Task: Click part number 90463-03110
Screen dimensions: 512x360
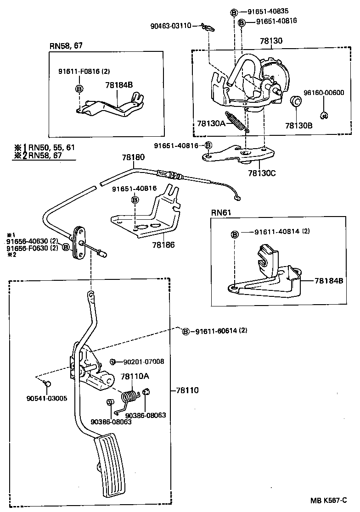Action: point(170,26)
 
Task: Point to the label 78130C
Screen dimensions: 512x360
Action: point(260,173)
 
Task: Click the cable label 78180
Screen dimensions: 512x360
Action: point(133,157)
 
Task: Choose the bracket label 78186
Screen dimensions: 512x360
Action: point(163,245)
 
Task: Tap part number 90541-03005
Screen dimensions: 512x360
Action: point(47,398)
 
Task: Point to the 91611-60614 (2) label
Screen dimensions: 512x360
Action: point(220,331)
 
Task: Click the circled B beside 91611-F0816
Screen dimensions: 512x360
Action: point(79,89)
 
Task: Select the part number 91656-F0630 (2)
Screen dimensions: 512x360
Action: point(32,248)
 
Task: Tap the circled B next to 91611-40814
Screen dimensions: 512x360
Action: point(235,234)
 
